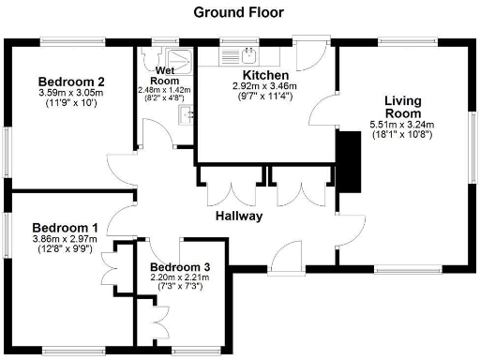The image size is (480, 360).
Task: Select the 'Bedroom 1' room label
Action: click(x=65, y=228)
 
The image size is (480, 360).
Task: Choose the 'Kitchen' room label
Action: click(x=263, y=74)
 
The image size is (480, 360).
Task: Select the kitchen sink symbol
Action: click(x=250, y=53)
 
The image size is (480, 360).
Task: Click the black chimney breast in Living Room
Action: click(x=349, y=160)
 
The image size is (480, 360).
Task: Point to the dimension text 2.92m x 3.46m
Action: click(x=263, y=85)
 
